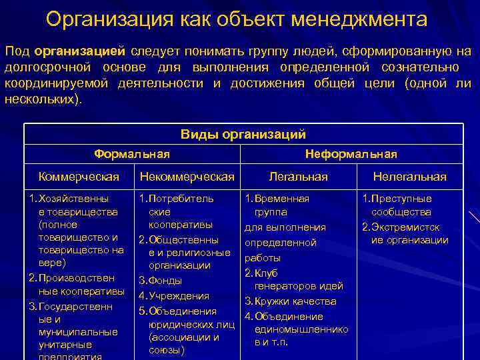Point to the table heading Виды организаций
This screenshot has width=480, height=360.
pyautogui.click(x=243, y=134)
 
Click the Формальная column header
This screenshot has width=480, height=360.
pyautogui.click(x=132, y=154)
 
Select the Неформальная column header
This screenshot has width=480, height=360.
pyautogui.click(x=351, y=154)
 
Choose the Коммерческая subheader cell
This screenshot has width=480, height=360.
pyautogui.click(x=79, y=177)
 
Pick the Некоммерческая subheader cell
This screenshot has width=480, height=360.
pyautogui.click(x=187, y=177)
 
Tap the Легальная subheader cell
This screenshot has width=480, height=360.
pyautogui.click(x=298, y=177)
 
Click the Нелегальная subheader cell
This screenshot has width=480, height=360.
pyautogui.click(x=409, y=177)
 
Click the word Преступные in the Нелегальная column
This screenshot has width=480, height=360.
pyautogui.click(x=401, y=199)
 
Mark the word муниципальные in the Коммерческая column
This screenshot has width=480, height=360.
pyautogui.click(x=79, y=332)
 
